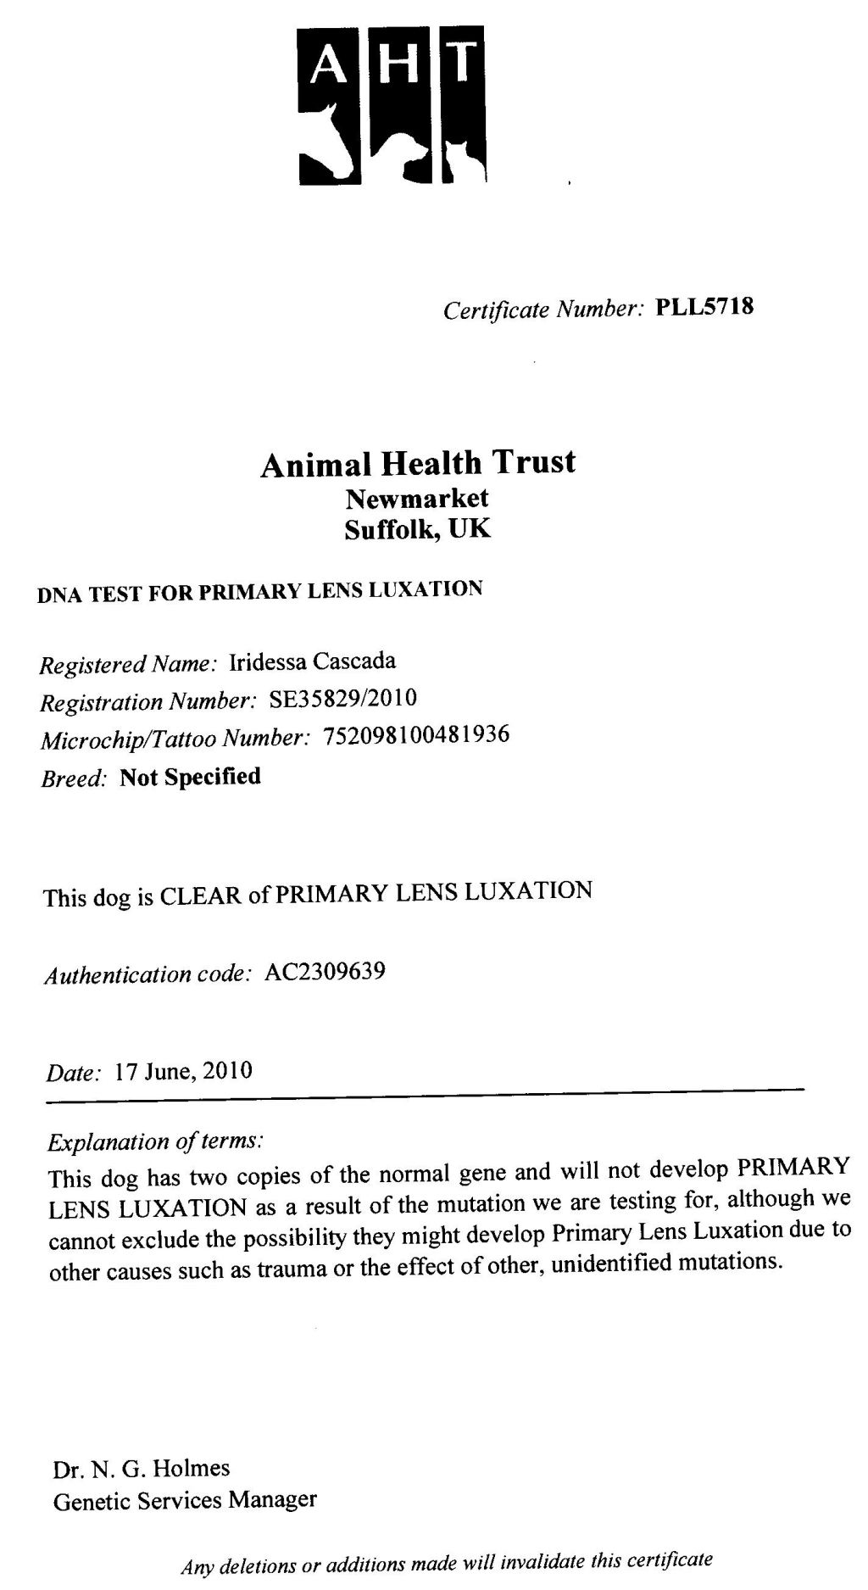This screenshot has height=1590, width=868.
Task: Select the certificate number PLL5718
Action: pyautogui.click(x=704, y=306)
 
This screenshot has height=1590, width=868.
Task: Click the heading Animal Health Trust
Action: pyautogui.click(x=418, y=464)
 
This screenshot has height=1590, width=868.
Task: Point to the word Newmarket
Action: pyautogui.click(x=417, y=499)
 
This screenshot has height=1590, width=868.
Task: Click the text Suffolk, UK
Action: pyautogui.click(x=417, y=530)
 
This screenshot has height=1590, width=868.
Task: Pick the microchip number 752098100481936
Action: pyautogui.click(x=416, y=735)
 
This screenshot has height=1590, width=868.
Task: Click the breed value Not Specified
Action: pyautogui.click(x=190, y=777)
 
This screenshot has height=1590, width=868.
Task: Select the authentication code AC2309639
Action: pyautogui.click(x=325, y=971)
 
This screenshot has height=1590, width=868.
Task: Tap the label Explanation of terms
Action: pyautogui.click(x=155, y=1141)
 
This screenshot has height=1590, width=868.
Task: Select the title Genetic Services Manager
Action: pyautogui.click(x=185, y=1499)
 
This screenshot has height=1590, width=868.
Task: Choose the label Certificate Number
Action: pyautogui.click(x=545, y=310)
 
